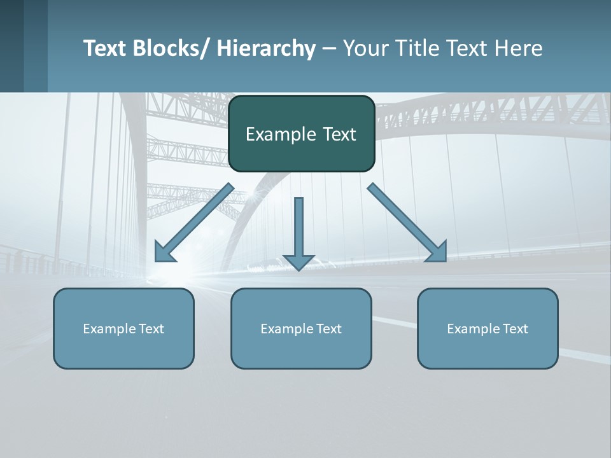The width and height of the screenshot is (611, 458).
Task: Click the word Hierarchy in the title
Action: click(266, 48)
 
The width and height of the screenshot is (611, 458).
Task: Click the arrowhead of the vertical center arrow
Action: click(298, 261)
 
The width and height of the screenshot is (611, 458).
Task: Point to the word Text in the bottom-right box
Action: click(515, 329)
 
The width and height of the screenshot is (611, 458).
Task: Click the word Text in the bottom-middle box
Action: click(328, 329)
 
